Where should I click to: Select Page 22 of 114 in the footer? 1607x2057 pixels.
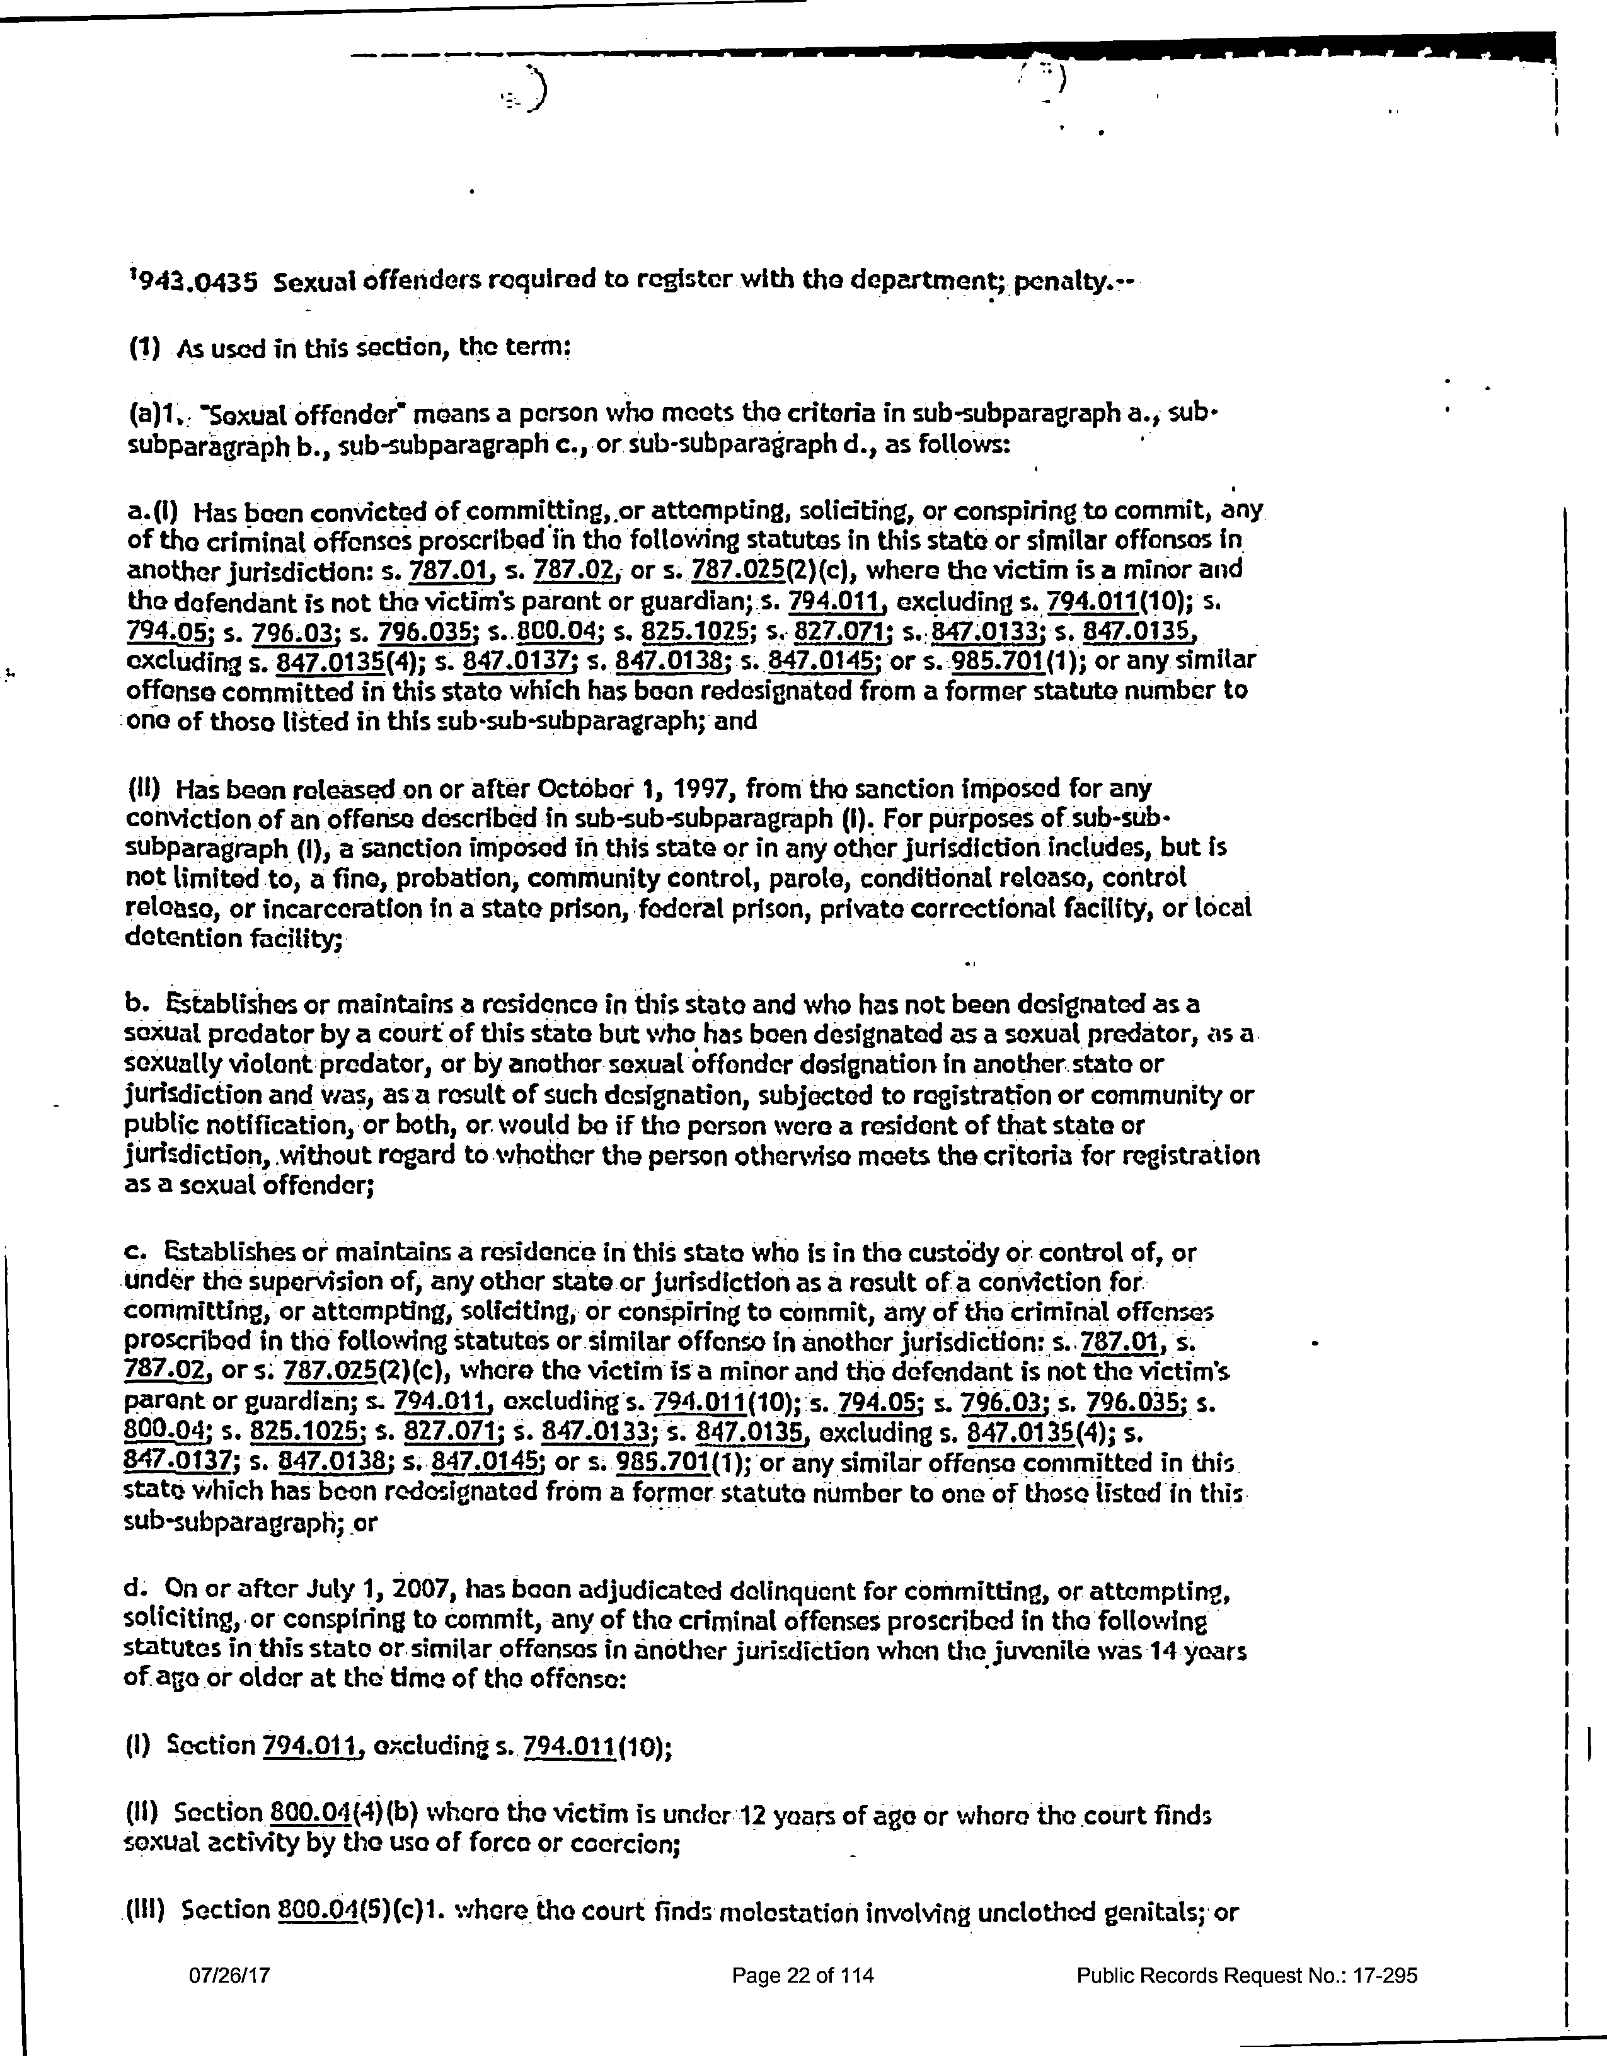click(803, 2002)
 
